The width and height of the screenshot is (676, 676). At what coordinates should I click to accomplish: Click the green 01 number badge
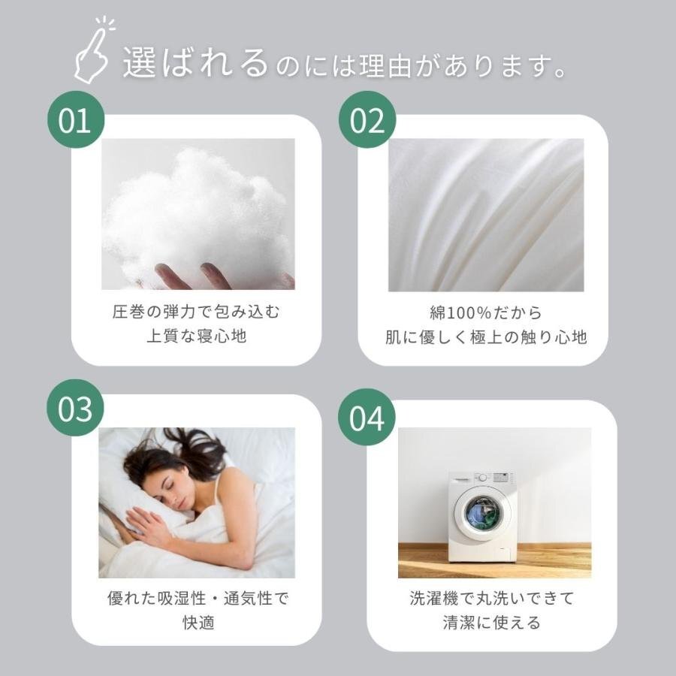[76, 119]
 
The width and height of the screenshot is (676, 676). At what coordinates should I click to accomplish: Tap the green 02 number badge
[367, 119]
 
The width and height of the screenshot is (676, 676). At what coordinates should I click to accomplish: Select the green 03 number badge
[75, 407]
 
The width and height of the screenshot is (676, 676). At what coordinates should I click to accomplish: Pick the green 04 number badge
[367, 417]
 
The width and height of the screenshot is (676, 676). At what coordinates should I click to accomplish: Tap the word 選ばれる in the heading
[195, 63]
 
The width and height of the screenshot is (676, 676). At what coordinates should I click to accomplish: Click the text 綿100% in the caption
[460, 312]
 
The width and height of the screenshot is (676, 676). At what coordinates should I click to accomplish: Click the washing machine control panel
[483, 478]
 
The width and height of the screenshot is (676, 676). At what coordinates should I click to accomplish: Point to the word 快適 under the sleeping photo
[198, 623]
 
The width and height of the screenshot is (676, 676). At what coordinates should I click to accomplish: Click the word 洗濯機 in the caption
[434, 598]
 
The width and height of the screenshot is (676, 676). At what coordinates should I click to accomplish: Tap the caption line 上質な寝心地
[197, 336]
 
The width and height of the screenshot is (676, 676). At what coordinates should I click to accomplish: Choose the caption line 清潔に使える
[491, 623]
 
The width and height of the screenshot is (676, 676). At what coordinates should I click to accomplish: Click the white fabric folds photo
[486, 215]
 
